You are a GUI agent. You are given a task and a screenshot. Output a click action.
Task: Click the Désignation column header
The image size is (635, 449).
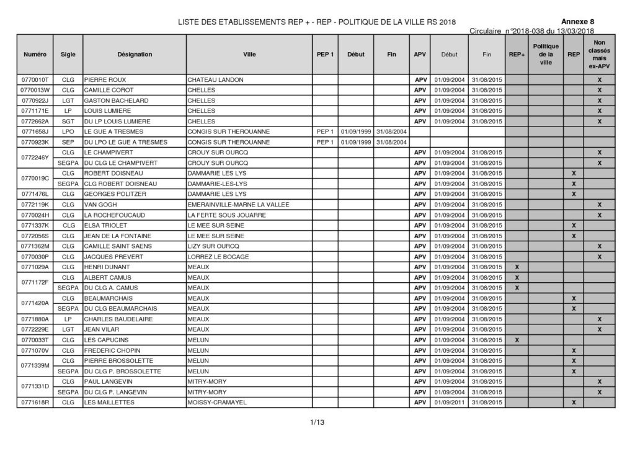pyautogui.click(x=134, y=55)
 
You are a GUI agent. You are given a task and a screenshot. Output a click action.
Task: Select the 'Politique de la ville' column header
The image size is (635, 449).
pyautogui.click(x=545, y=55)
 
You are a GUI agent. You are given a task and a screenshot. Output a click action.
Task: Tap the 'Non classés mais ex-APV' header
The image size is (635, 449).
pyautogui.click(x=599, y=55)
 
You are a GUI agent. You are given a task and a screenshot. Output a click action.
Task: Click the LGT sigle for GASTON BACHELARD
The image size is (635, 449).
pyautogui.click(x=68, y=100)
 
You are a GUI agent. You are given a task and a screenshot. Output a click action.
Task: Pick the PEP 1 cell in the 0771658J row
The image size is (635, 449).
pyautogui.click(x=325, y=131)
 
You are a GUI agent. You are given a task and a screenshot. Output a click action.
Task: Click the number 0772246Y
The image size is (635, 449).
pyautogui.click(x=35, y=158)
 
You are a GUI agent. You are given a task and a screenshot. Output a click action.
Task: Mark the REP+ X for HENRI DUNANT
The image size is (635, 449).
pyautogui.click(x=517, y=267)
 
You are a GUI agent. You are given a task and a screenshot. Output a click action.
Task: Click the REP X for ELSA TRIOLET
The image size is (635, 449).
pyautogui.click(x=574, y=225)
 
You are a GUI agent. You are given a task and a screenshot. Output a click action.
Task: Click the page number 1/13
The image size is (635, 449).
pyautogui.click(x=317, y=423)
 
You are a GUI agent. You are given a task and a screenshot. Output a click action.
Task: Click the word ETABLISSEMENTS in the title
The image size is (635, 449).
pyautogui.click(x=248, y=22)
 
